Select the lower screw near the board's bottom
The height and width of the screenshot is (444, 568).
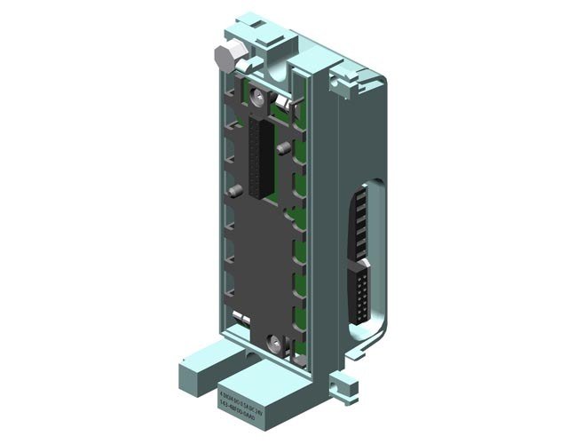pyautogui.click(x=271, y=339)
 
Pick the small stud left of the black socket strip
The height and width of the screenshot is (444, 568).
pyautogui.click(x=233, y=190)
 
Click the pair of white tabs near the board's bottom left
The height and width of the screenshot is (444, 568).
pyautogui.click(x=240, y=318)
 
